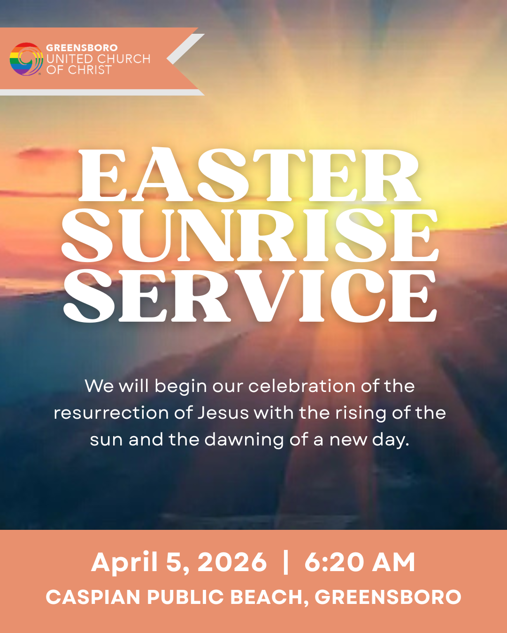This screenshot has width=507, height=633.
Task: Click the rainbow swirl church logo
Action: point(26,59)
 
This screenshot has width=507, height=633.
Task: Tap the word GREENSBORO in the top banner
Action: point(82,47)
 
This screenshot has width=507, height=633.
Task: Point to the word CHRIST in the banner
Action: point(90,70)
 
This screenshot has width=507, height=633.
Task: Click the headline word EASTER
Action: point(250,176)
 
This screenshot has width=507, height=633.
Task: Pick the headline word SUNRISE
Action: point(250,235)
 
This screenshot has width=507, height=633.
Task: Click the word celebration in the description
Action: point(302,386)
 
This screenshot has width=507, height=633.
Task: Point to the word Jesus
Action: point(223,413)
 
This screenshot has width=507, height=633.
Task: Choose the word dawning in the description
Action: point(244,440)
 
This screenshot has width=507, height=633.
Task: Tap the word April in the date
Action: point(124,562)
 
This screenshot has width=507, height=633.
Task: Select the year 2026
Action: point(232,562)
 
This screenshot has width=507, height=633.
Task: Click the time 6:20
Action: point(334,562)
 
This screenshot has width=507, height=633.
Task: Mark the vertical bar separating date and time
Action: point(286,562)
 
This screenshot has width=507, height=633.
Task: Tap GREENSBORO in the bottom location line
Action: point(388,597)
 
